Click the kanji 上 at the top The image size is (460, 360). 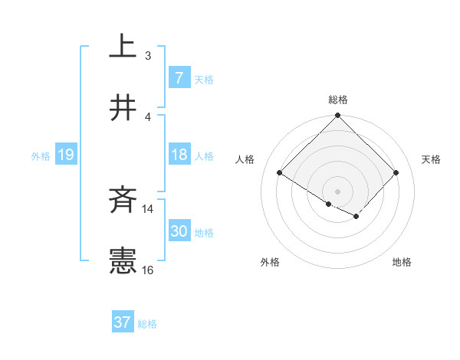tap(123, 47)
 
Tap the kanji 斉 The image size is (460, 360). tap(123, 201)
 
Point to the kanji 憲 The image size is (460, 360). tap(123, 261)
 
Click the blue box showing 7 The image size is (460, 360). tap(179, 78)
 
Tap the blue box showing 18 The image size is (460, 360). tap(179, 155)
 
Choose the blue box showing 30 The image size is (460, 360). tap(179, 231)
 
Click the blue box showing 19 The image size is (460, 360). tap(65, 155)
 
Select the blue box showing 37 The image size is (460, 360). tap(122, 322)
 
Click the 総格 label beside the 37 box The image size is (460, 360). tap(147, 324)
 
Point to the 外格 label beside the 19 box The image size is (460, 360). tap(41, 156)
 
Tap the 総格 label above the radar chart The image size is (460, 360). tap(338, 100)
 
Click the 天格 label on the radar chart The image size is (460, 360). tap(432, 159)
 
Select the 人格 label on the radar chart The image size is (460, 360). tap(245, 159)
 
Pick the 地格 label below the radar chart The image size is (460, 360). tap(402, 262)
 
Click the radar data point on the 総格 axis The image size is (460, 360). tap(338, 116)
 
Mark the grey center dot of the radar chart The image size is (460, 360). tap(338, 191)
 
